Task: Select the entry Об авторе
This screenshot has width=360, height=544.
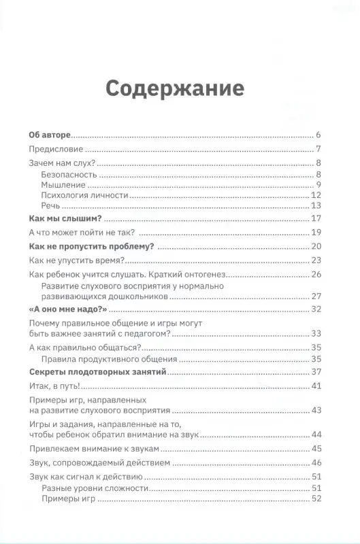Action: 51,135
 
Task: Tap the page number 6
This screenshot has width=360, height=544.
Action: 318,135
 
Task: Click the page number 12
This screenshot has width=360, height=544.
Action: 316,196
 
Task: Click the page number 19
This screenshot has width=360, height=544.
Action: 316,232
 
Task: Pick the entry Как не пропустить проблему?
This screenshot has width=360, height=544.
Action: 93,245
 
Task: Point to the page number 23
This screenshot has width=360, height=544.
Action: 316,260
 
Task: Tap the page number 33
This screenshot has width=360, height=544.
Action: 316,333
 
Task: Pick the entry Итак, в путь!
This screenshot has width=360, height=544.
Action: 56,386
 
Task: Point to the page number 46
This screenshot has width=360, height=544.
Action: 316,462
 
